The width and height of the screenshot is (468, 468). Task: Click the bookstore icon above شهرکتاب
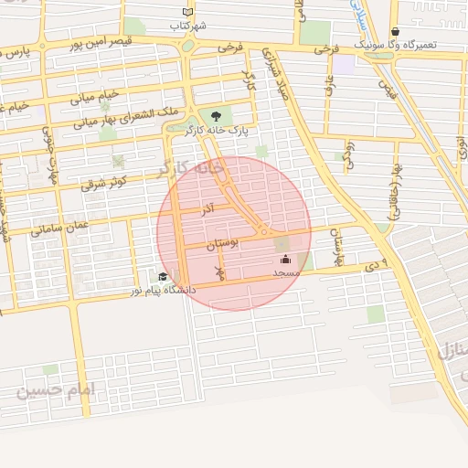point(188,12)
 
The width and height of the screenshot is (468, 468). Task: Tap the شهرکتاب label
point(188,27)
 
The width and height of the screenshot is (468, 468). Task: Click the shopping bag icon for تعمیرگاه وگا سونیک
point(394,31)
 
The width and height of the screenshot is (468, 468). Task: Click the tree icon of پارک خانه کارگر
point(216,116)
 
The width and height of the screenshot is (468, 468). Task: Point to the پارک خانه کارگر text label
point(216,131)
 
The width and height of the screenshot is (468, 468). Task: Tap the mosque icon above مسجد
point(285,259)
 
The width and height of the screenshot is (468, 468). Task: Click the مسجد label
point(285,272)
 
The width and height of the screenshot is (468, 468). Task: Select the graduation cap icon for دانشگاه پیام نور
point(163,277)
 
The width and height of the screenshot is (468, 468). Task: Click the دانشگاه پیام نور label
point(163,291)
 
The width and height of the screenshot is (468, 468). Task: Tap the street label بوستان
point(222,244)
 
